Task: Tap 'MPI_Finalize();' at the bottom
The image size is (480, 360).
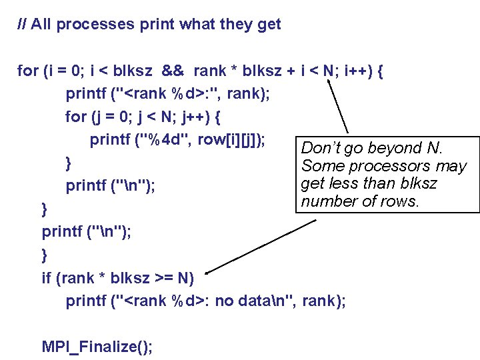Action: (97, 346)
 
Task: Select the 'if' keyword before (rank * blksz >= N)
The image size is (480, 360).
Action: (47, 278)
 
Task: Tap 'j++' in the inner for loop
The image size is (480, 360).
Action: (193, 117)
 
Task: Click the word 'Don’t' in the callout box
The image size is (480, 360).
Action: (319, 148)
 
